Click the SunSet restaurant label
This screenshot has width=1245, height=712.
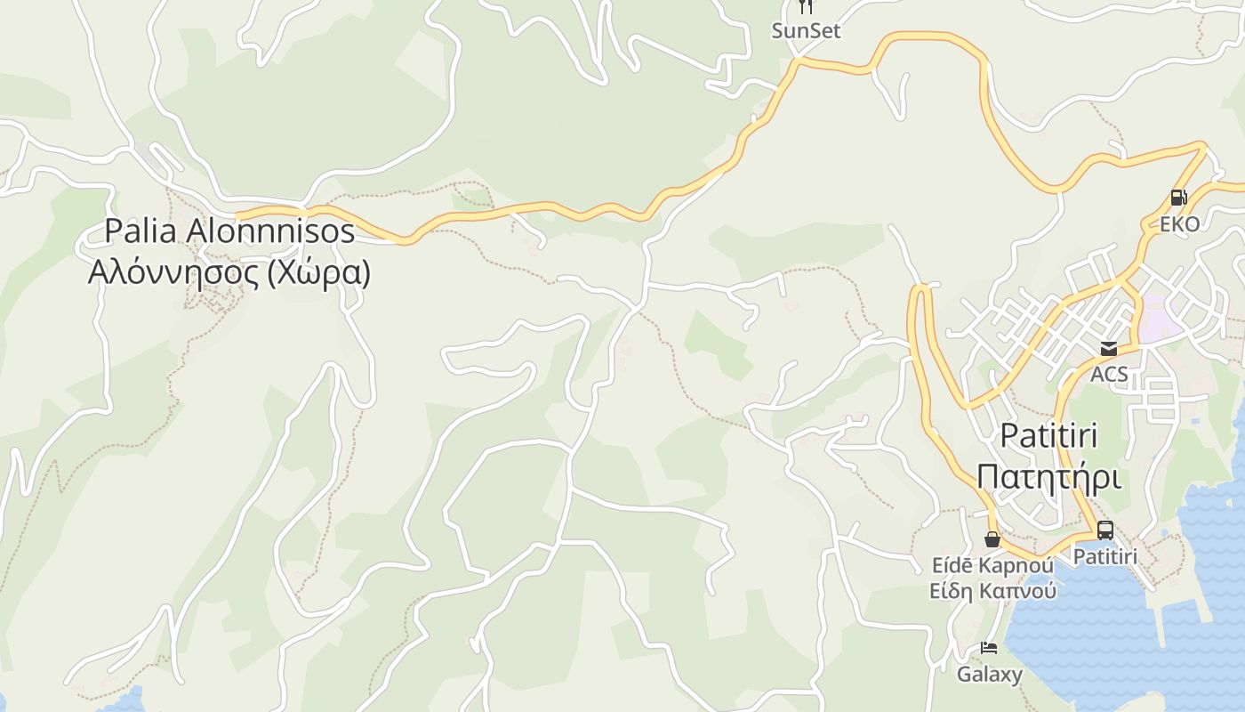pyautogui.click(x=806, y=31)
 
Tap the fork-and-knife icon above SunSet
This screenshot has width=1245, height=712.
pyautogui.click(x=806, y=6)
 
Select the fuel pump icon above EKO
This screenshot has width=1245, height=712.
pyautogui.click(x=1179, y=198)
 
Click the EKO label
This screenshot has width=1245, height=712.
pyautogui.click(x=1179, y=223)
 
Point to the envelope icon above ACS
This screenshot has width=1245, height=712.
pyautogui.click(x=1109, y=349)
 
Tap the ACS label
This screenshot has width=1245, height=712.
pyautogui.click(x=1109, y=374)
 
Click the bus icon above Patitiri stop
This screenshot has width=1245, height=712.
pyautogui.click(x=1105, y=530)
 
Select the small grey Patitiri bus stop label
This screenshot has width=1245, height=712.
pyautogui.click(x=1105, y=556)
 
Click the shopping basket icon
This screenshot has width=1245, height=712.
pyautogui.click(x=992, y=539)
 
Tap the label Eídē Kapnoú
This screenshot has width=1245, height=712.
pyautogui.click(x=992, y=565)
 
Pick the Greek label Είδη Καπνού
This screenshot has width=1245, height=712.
pyautogui.click(x=992, y=590)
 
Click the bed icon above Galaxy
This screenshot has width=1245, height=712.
pyautogui.click(x=989, y=648)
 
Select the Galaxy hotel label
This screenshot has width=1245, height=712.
pyautogui.click(x=989, y=674)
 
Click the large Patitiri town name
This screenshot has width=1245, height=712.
pyautogui.click(x=1048, y=436)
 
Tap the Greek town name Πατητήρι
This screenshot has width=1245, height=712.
pyautogui.click(x=1048, y=476)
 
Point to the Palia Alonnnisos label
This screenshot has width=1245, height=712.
pyautogui.click(x=229, y=231)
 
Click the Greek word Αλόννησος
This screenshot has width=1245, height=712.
pyautogui.click(x=173, y=271)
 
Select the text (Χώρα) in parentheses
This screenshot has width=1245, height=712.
pyautogui.click(x=318, y=271)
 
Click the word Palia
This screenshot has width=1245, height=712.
pyautogui.click(x=142, y=231)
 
